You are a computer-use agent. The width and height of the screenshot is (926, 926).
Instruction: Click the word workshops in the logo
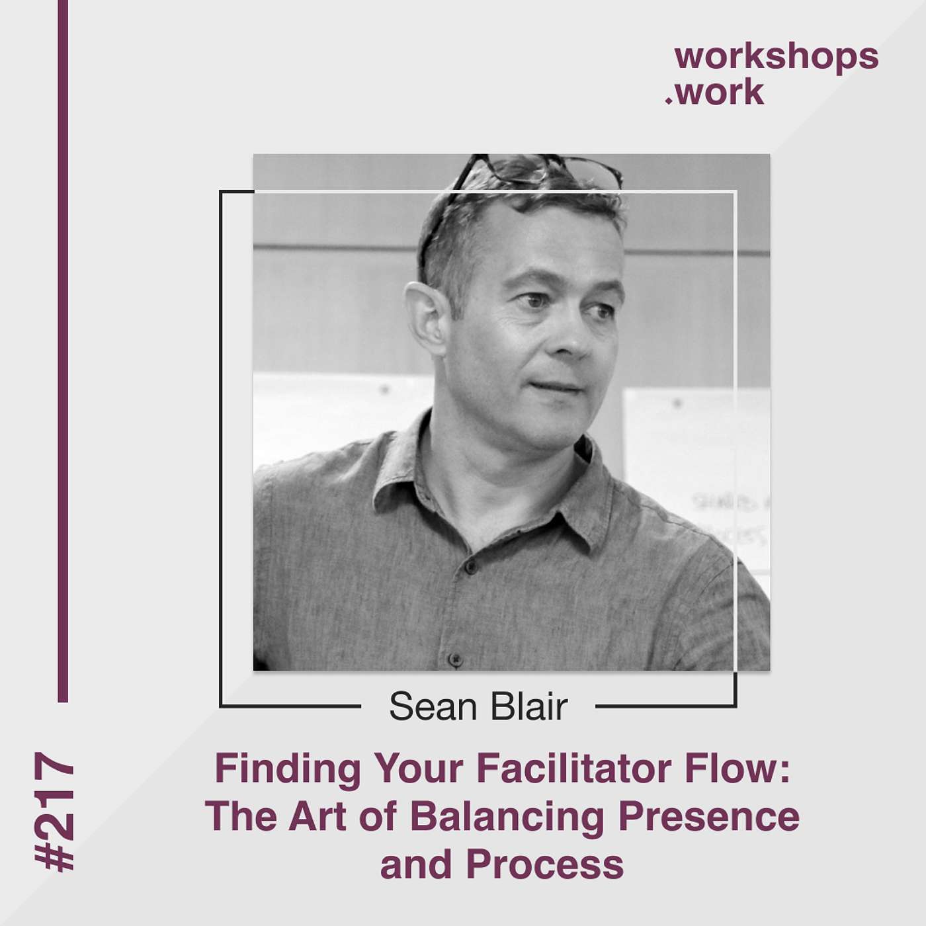776,57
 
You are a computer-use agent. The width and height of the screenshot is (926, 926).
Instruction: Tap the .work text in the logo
716,93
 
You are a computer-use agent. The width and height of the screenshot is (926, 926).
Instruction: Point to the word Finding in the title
288,769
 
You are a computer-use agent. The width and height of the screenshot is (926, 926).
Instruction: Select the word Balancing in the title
507,817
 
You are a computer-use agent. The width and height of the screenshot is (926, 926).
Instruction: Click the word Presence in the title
709,817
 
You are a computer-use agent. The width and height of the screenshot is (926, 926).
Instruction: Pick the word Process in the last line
544,864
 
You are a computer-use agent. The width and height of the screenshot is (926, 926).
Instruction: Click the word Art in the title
317,817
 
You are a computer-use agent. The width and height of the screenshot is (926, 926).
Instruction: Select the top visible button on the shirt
470,567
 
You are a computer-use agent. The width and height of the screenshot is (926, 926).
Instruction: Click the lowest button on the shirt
454,659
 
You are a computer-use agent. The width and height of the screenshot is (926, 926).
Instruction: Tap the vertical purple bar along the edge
63,351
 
